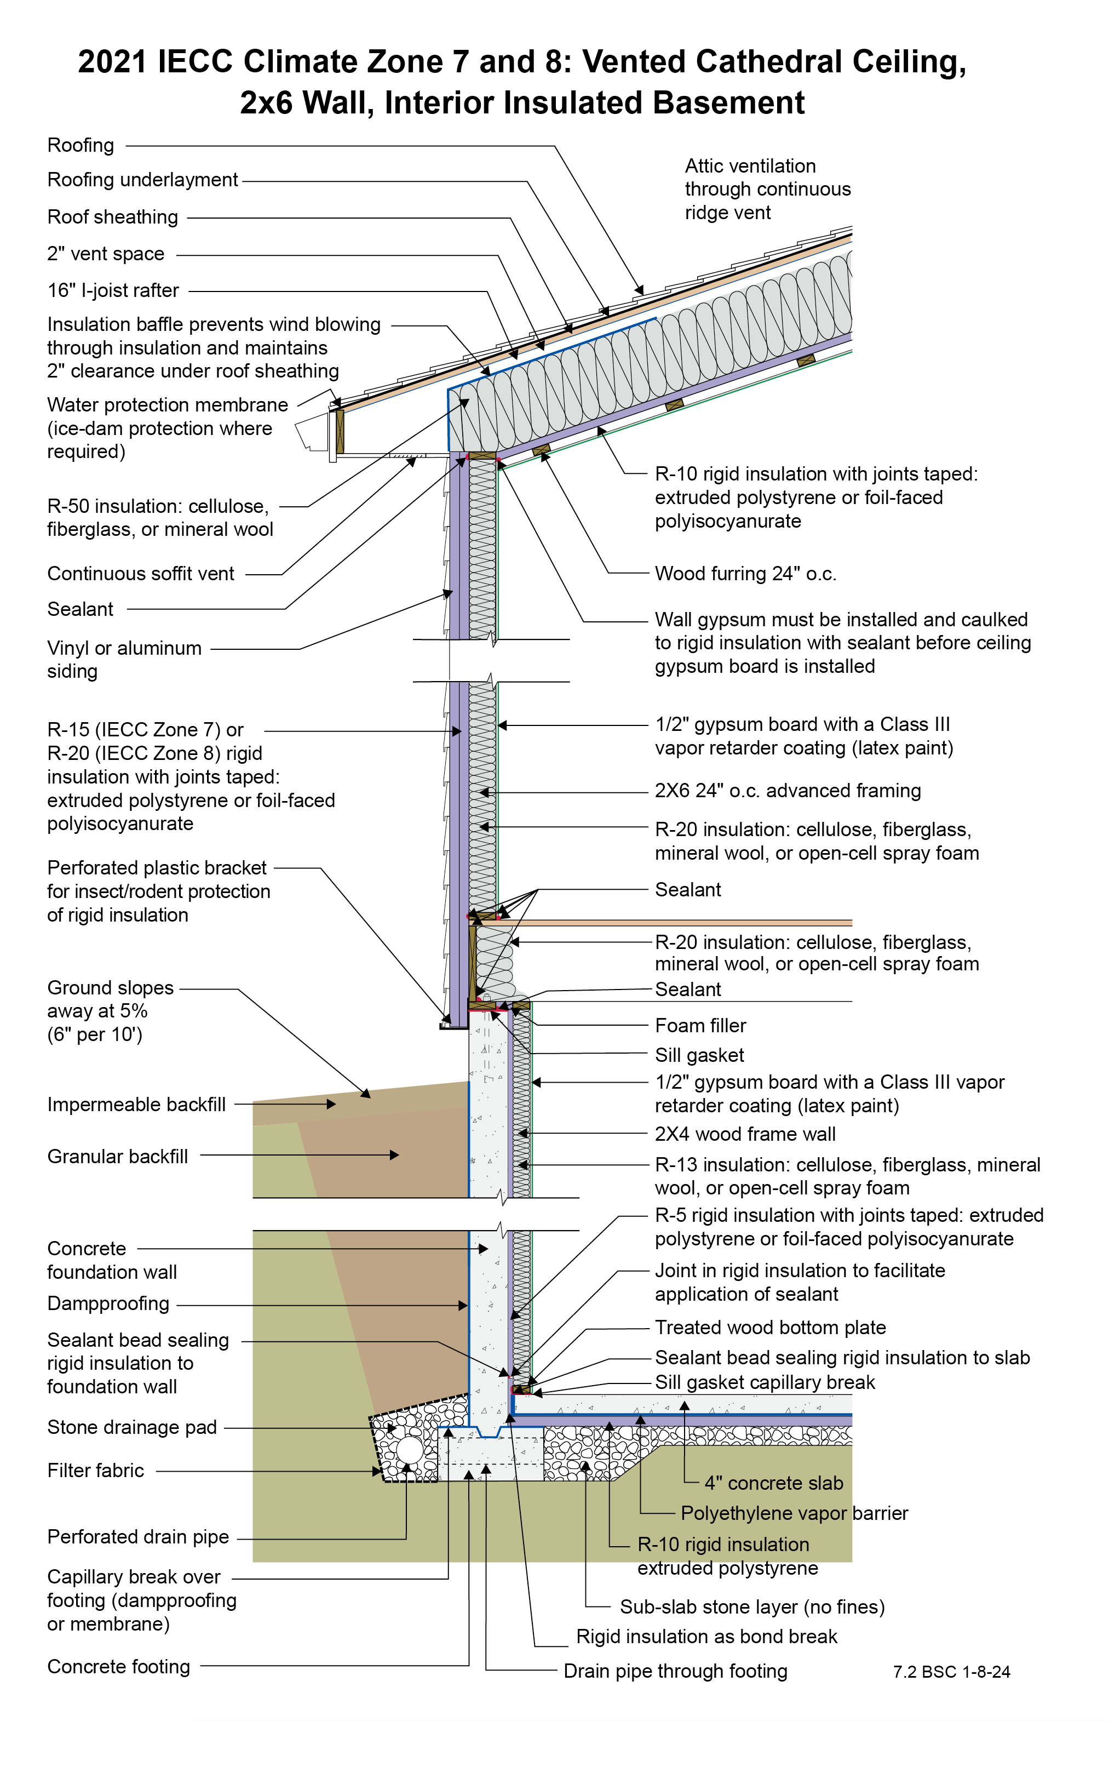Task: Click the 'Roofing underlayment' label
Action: click(142, 180)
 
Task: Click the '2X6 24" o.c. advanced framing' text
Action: click(788, 791)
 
